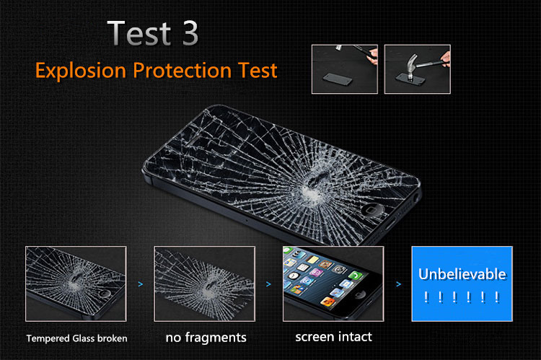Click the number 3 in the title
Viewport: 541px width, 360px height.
coord(190,33)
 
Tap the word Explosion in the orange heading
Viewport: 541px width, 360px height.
coord(81,71)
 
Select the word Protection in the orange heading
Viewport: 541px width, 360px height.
coord(182,71)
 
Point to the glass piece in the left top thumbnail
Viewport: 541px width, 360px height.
coord(338,79)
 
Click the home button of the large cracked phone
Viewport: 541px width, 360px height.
coord(372,209)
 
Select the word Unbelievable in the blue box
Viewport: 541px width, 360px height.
coord(462,274)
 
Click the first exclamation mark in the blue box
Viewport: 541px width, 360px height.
coord(426,297)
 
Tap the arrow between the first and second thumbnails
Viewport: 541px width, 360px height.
coord(141,284)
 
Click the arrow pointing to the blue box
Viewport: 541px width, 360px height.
coord(398,284)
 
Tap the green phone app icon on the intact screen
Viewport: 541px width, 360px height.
coord(355,275)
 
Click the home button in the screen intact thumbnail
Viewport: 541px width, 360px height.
coord(361,294)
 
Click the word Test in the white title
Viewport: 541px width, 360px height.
coord(140,33)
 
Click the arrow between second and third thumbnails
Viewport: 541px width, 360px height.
coord(268,284)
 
